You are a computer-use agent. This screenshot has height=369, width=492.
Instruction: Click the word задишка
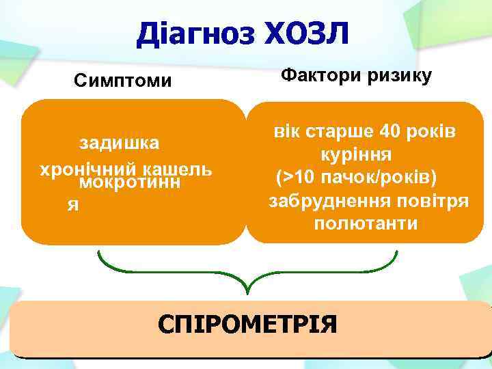pos(120,143)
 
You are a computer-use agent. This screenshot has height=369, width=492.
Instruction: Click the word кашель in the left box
pos(180,168)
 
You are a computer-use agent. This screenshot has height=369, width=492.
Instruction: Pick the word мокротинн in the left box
pos(130,183)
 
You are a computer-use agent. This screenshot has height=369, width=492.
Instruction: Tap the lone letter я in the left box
pos(70,206)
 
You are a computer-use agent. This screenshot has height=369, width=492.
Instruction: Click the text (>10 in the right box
pos(295,178)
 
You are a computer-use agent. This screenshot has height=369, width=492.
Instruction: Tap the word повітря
pos(429,201)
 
